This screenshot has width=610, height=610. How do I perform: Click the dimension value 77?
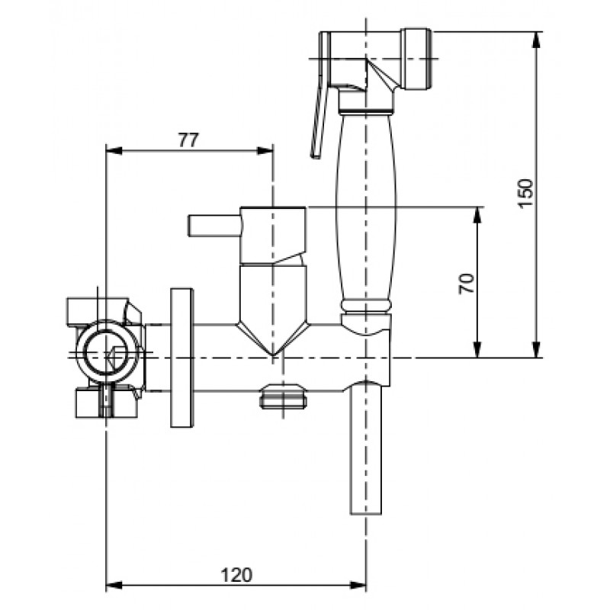pyautogui.click(x=188, y=140)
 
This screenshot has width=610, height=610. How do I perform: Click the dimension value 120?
pyautogui.click(x=236, y=575)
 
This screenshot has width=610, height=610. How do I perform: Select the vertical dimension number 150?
pyautogui.click(x=525, y=194)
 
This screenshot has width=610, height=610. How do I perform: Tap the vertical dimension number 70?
pyautogui.click(x=467, y=284)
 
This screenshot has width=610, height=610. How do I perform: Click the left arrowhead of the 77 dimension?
pyautogui.click(x=114, y=150)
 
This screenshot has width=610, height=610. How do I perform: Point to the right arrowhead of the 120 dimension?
pyautogui.click(x=358, y=585)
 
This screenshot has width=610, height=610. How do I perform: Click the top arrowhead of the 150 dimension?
pyautogui.click(x=537, y=40)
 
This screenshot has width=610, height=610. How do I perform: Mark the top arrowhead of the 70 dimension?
pyautogui.click(x=477, y=215)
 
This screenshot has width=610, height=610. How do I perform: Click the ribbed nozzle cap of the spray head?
pyautogui.click(x=418, y=59)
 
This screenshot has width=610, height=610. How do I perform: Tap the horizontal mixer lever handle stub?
pyautogui.click(x=214, y=226)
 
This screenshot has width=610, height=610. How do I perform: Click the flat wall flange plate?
pyautogui.click(x=181, y=358)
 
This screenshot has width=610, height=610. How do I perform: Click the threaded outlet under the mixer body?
pyautogui.click(x=283, y=396)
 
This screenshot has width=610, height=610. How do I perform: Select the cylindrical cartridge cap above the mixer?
pyautogui.click(x=273, y=236)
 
